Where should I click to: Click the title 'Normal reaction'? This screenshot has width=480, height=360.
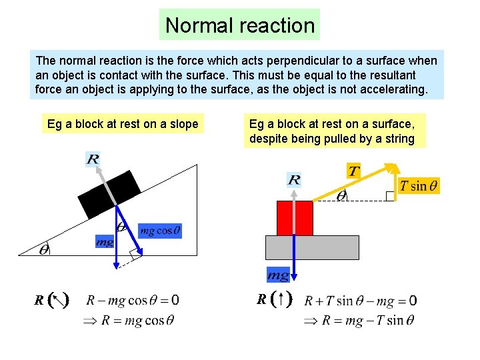tap(240, 25)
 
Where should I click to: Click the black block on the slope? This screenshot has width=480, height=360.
tap(109, 194)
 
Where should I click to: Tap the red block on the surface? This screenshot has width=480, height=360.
tap(295, 218)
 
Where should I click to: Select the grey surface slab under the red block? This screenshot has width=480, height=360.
tap(312, 247)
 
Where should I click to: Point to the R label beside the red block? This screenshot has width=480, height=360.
tap(294, 179)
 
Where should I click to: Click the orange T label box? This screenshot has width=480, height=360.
tap(353, 171)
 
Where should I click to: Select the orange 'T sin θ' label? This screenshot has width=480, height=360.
tap(419, 186)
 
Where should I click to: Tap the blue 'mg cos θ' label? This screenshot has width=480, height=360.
tap(159, 231)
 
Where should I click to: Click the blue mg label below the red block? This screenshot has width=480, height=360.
tap(278, 275)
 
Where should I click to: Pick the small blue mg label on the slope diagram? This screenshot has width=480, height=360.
tap(104, 242)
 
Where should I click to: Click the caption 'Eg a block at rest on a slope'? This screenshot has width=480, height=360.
tap(123, 124)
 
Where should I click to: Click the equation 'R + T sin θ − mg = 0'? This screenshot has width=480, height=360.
tap(360, 301)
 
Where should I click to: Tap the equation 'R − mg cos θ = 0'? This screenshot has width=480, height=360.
tap(133, 301)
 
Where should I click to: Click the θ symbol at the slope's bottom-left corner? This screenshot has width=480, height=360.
tap(44, 250)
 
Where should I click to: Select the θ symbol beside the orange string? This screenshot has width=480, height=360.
tap(341, 196)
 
